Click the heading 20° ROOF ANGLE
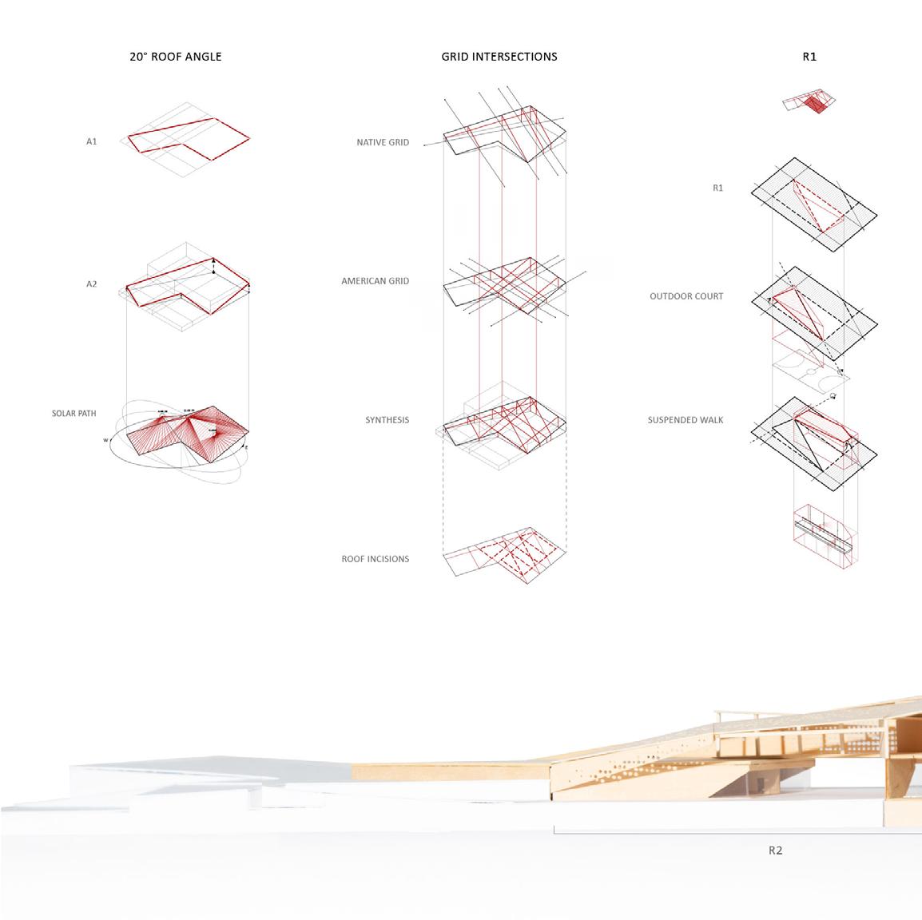(175, 57)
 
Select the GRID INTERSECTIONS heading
(499, 57)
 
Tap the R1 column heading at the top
(809, 57)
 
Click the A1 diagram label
(92, 141)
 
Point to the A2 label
(92, 284)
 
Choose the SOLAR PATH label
(74, 414)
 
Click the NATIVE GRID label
(383, 143)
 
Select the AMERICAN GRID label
(375, 281)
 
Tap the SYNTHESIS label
(387, 420)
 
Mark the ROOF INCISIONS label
(375, 559)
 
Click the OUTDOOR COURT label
(686, 296)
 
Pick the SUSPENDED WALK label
(686, 419)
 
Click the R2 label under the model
(775, 851)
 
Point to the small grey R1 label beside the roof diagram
(717, 188)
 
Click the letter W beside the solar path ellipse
(105, 440)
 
